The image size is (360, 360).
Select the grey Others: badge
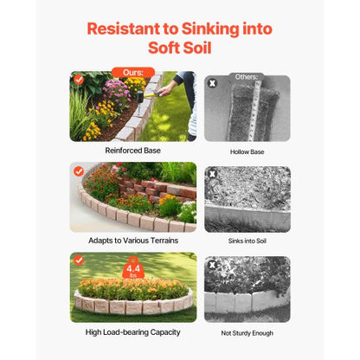(x=246, y=77)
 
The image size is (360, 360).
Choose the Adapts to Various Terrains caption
(x=132, y=240)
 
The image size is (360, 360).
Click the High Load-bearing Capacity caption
(x=132, y=331)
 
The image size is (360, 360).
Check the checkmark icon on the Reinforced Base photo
(x=79, y=79)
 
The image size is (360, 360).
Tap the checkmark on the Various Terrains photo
(x=79, y=170)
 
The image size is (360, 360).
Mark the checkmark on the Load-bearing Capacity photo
(x=79, y=260)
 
